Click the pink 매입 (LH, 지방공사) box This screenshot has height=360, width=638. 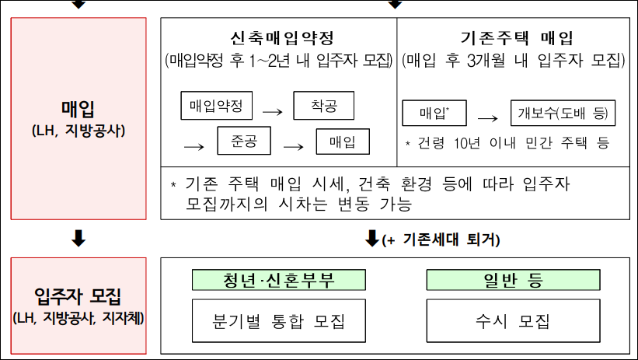pos(78,116)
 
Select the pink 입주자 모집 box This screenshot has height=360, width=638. pos(78,306)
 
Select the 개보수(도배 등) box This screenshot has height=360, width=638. pos(563,114)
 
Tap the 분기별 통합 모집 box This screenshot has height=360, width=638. pos(279,320)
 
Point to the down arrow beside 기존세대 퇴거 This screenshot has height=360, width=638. pos(371,239)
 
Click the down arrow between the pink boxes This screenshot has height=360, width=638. pos(78,239)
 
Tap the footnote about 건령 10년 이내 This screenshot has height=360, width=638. pos(507,144)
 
